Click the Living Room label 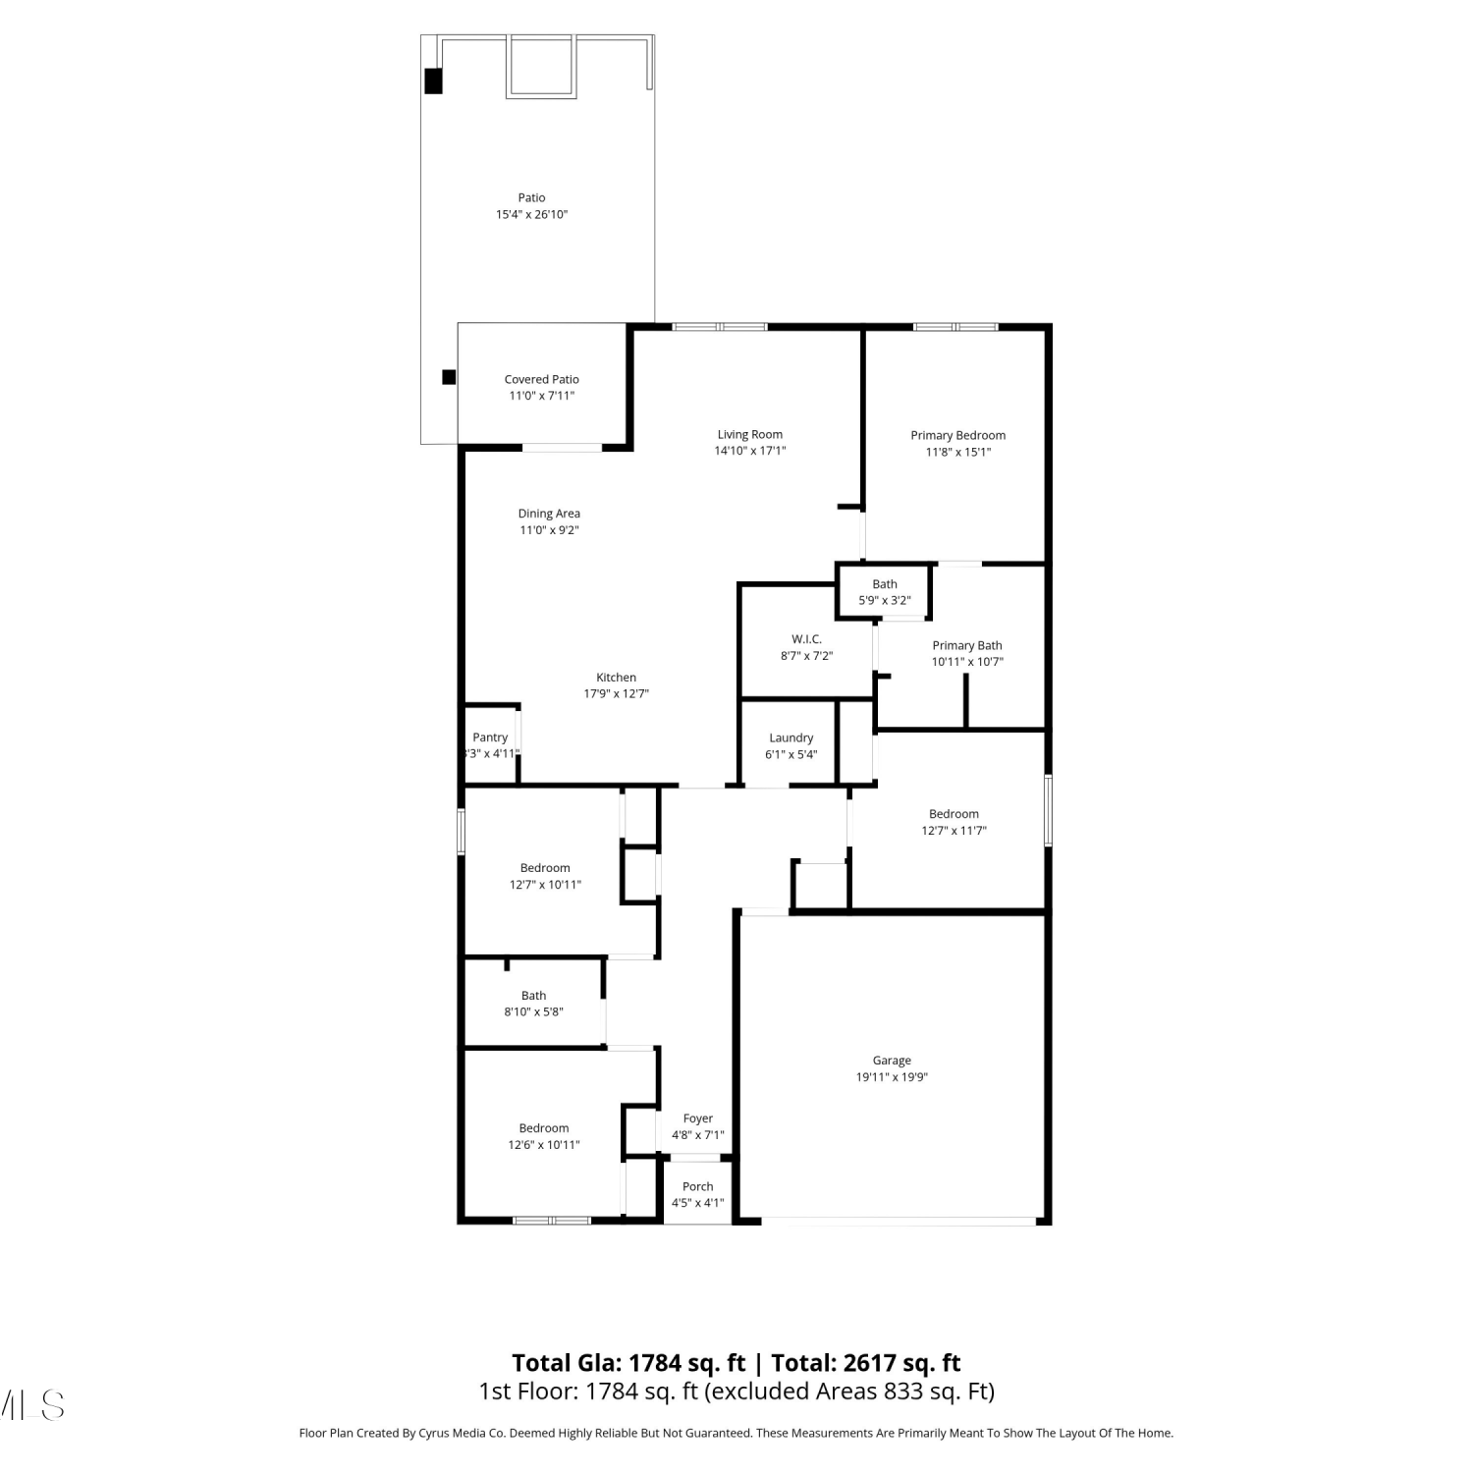coord(750,434)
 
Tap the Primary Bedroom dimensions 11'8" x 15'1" coord(958,452)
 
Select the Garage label coord(892,1061)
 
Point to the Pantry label coord(490,737)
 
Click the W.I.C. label coord(807,639)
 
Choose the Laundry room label coord(791,737)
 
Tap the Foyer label coord(698,1118)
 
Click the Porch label coord(698,1186)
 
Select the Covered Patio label coord(542,379)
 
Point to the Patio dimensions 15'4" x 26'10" coord(532,214)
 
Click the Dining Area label coord(549,514)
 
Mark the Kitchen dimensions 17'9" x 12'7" coord(617,693)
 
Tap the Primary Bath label coord(967,645)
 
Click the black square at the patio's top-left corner coord(433,81)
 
